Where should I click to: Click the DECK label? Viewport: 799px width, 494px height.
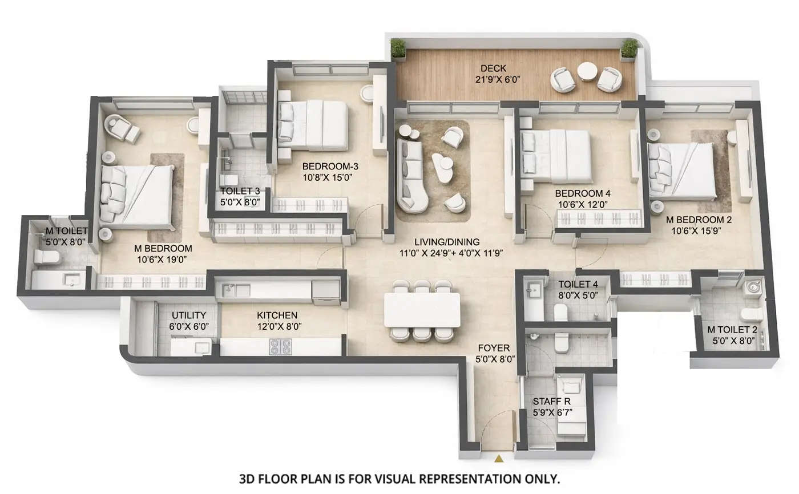493,68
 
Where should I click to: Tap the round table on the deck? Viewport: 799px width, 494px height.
587,72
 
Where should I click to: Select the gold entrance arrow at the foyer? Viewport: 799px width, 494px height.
499,457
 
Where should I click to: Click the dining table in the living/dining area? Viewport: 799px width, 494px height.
422,310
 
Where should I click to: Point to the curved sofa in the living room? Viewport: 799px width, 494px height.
411,177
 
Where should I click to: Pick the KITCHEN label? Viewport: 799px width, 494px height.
277,315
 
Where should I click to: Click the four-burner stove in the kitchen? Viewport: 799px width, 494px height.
280,346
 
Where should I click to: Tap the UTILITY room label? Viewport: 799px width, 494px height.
189,315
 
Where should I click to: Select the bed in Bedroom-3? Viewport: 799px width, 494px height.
314,125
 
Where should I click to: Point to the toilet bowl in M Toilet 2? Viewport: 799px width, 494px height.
750,314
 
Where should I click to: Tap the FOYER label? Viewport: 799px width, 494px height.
494,348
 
